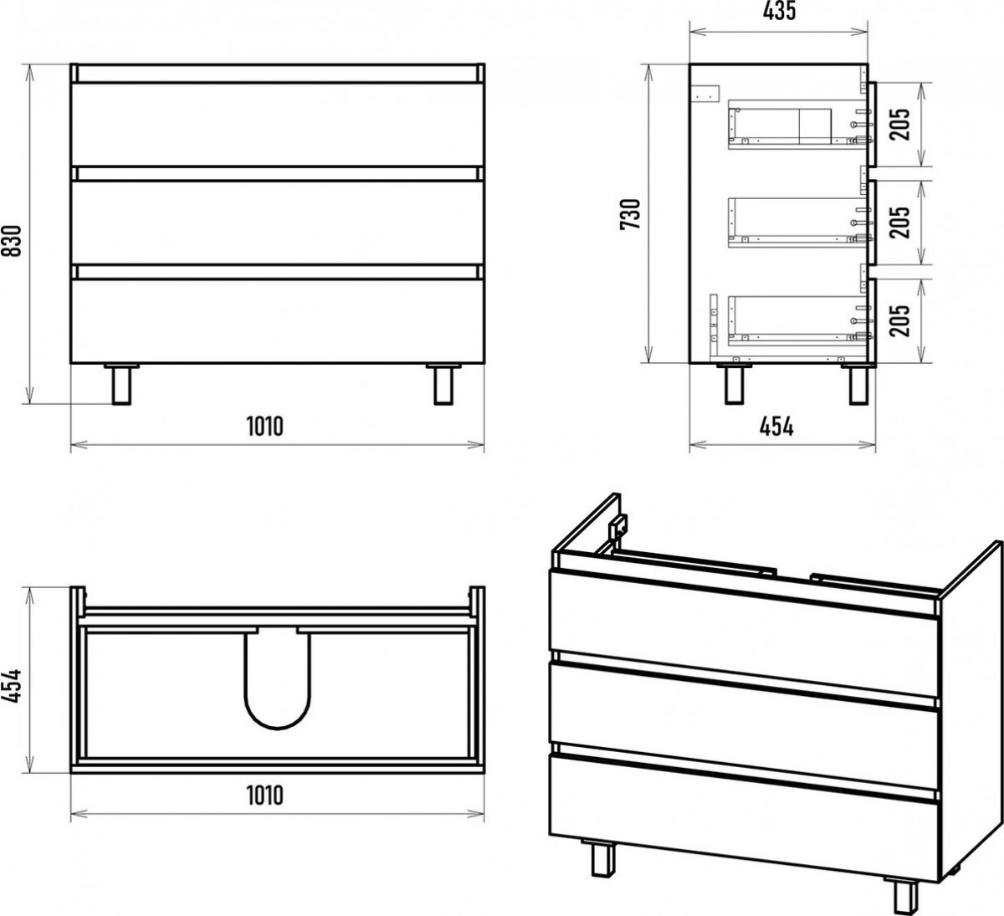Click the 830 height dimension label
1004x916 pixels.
11,241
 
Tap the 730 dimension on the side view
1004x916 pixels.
630,214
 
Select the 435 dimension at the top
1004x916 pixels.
779,11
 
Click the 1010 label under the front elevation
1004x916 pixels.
264,427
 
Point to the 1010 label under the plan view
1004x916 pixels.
264,795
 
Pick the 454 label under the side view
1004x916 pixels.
776,427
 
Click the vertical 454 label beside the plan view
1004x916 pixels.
11,686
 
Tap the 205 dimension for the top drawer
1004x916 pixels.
899,124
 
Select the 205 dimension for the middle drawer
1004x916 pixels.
899,222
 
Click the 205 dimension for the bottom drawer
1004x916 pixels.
899,320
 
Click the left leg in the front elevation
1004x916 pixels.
121,384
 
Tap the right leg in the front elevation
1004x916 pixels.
443,384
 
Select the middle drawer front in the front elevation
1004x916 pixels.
277,223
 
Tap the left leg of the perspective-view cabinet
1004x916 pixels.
602,857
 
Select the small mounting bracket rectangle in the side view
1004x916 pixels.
706,94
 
